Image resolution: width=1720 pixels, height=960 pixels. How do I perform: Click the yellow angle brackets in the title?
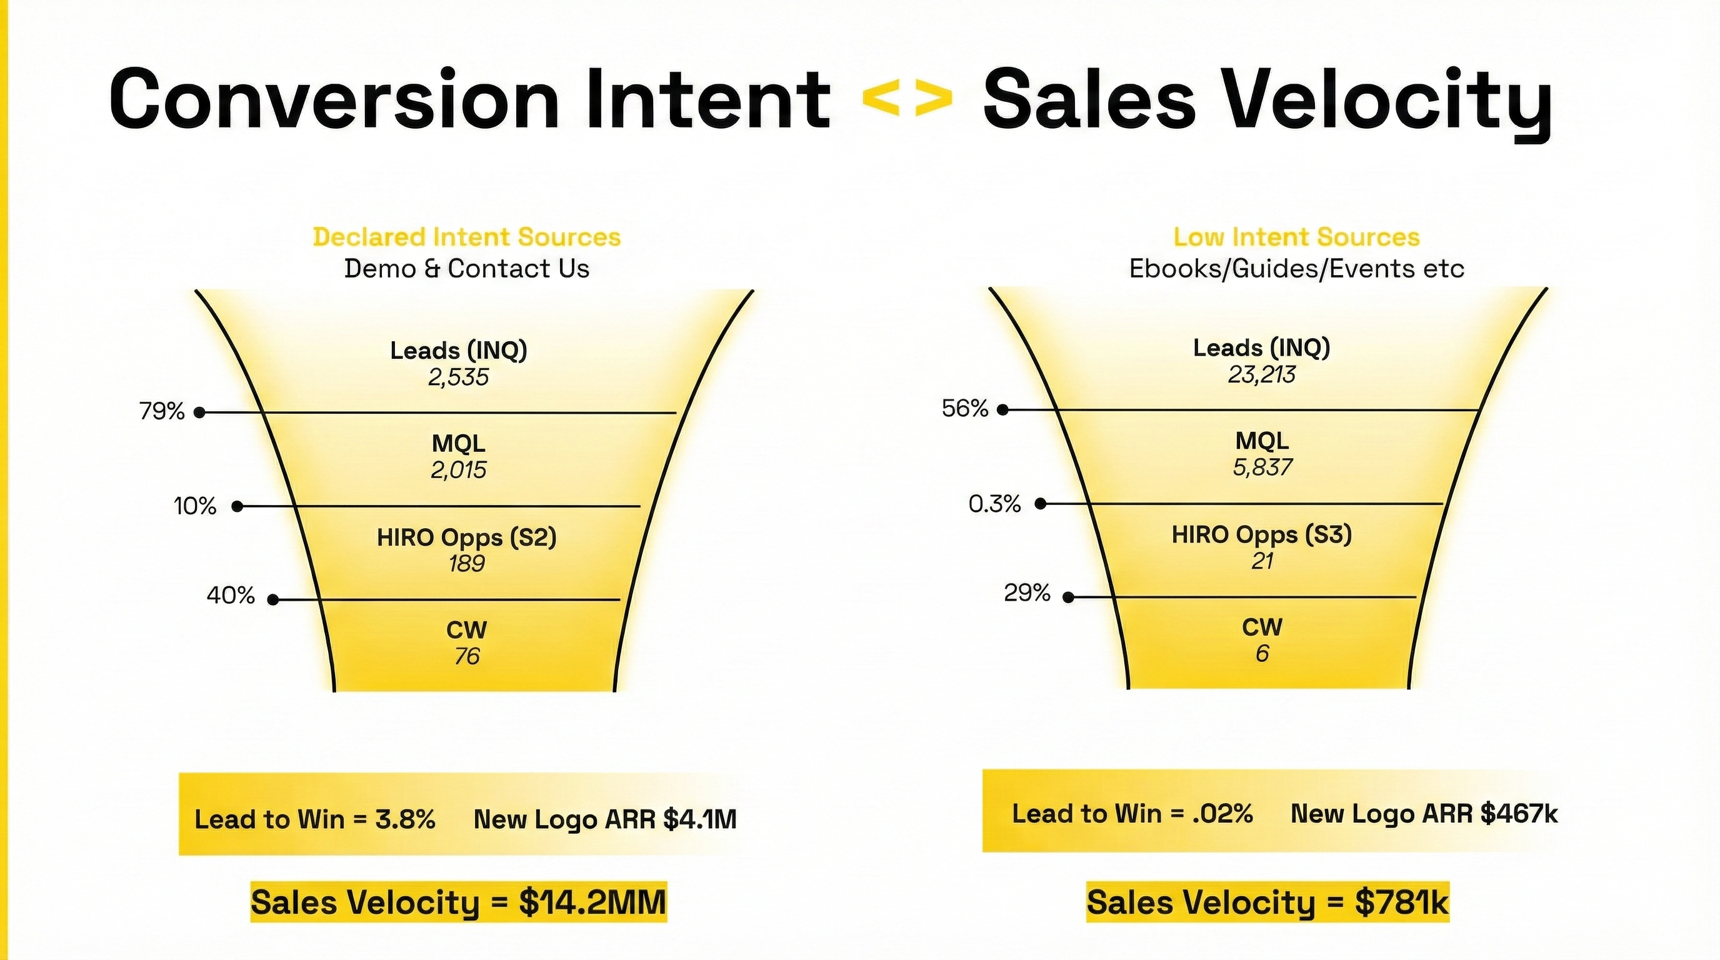(x=907, y=98)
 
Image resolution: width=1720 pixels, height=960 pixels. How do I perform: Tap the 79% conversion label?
(x=162, y=411)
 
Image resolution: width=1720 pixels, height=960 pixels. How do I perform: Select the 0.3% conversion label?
(x=994, y=504)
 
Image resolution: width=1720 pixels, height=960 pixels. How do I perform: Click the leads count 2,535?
(x=459, y=378)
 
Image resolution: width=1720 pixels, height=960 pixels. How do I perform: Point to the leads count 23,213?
(x=1261, y=375)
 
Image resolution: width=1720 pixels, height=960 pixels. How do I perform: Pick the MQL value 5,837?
(x=1262, y=467)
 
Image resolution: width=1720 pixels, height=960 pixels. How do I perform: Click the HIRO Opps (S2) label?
(x=466, y=537)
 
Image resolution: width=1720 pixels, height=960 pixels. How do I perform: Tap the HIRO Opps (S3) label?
(x=1261, y=535)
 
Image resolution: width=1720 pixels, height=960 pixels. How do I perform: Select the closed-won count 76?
(x=467, y=657)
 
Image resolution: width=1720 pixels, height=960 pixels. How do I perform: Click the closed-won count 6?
(x=1261, y=654)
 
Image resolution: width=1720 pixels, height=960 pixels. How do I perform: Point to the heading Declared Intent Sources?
(x=467, y=237)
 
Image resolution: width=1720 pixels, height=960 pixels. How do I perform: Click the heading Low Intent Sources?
(x=1296, y=237)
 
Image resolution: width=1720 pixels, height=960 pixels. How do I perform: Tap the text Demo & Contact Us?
(x=467, y=268)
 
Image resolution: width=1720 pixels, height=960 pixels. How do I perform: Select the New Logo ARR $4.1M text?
(x=605, y=819)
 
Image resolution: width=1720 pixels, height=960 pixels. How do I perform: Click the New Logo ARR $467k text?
(x=1424, y=814)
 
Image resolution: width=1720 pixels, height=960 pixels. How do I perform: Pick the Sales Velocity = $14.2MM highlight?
(x=459, y=902)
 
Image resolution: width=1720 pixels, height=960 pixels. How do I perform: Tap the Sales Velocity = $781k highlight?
(x=1267, y=902)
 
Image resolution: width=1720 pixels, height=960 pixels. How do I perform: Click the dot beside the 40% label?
(x=272, y=600)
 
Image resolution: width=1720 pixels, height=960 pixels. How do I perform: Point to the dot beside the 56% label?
(x=1002, y=410)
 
